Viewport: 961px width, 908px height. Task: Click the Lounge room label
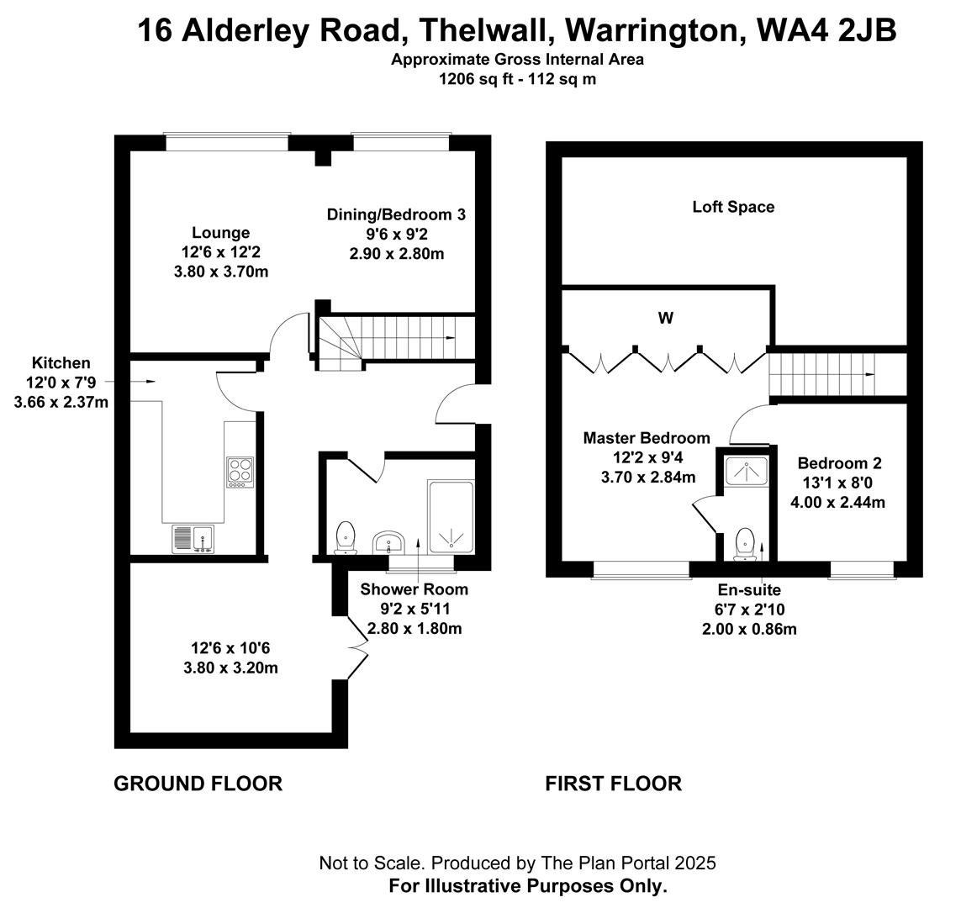point(220,233)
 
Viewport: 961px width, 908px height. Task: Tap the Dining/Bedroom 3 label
point(396,215)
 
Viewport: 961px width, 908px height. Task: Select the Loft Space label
point(733,207)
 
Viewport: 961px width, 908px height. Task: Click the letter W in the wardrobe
point(666,319)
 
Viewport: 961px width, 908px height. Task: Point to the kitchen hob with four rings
point(239,472)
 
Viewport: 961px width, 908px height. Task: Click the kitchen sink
point(193,539)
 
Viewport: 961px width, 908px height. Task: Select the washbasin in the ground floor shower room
point(388,541)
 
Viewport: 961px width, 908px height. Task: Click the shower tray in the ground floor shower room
point(451,517)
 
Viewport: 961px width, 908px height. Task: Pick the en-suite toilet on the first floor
point(743,544)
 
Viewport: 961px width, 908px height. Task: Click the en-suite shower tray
point(743,471)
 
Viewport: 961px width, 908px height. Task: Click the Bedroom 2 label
point(839,463)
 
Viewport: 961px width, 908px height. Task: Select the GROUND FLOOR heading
point(198,784)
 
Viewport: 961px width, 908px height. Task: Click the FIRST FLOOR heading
point(613,784)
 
